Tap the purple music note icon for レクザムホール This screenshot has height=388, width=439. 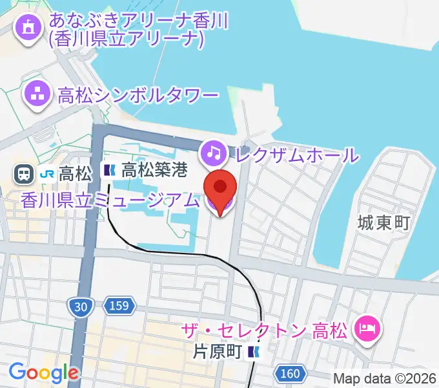pyautogui.click(x=212, y=153)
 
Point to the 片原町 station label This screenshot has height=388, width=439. pyautogui.click(x=217, y=352)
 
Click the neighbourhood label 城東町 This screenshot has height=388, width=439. pyautogui.click(x=383, y=224)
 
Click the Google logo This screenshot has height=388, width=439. pyautogui.click(x=43, y=372)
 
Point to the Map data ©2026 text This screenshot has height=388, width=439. pyautogui.click(x=385, y=378)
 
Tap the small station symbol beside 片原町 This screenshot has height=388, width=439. pyautogui.click(x=256, y=352)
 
